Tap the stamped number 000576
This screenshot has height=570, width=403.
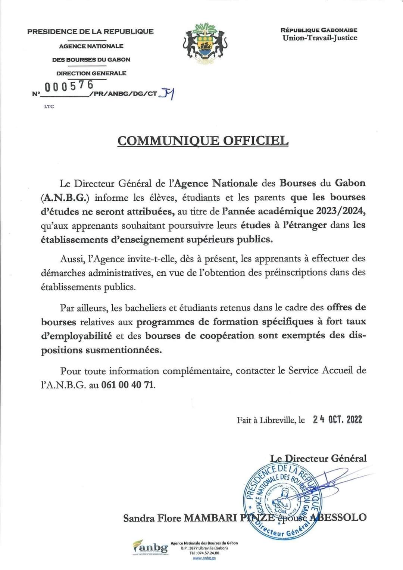pyautogui.click(x=69, y=86)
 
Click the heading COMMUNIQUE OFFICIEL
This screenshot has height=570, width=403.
pyautogui.click(x=203, y=141)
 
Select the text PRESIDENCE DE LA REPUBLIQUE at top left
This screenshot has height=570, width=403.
pyautogui.click(x=90, y=31)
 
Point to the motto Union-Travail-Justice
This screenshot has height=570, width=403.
pyautogui.click(x=320, y=38)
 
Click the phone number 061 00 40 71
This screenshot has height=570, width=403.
pyautogui.click(x=128, y=385)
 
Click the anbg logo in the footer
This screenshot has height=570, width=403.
pyautogui.click(x=150, y=548)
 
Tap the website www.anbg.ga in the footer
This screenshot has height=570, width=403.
pyautogui.click(x=204, y=558)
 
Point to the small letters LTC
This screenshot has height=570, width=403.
pyautogui.click(x=49, y=107)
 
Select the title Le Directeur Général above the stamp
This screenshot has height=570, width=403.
pyautogui.click(x=318, y=458)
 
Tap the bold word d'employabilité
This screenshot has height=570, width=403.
pyautogui.click(x=76, y=336)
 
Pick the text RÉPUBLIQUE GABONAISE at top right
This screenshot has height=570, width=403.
pyautogui.click(x=319, y=30)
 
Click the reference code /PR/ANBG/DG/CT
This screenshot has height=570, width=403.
pyautogui.click(x=123, y=94)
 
